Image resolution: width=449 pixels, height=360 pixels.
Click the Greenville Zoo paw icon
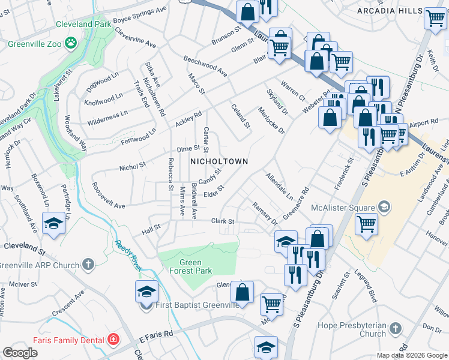click(71, 43)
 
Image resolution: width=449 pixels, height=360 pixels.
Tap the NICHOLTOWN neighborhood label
click(219, 162)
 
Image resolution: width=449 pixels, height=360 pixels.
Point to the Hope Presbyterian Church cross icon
click(394, 328)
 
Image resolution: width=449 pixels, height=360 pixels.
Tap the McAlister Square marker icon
click(384, 208)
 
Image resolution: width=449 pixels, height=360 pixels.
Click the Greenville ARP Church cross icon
click(88, 264)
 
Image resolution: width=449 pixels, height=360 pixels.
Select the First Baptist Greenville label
click(196, 305)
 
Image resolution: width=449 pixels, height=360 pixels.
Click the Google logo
click(20, 353)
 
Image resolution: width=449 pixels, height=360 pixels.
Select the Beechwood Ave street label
click(205, 66)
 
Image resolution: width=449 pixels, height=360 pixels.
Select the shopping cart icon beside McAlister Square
click(366, 224)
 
